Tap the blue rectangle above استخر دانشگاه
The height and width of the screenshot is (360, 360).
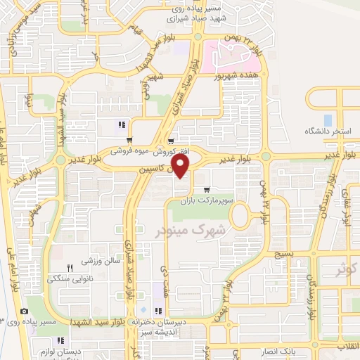(x=328, y=120)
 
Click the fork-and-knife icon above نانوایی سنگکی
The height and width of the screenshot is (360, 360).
(x=70, y=268)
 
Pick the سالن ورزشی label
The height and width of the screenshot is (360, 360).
(x=103, y=260)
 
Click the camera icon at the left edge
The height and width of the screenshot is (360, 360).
(x=25, y=311)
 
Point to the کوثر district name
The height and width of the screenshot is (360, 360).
(x=349, y=267)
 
